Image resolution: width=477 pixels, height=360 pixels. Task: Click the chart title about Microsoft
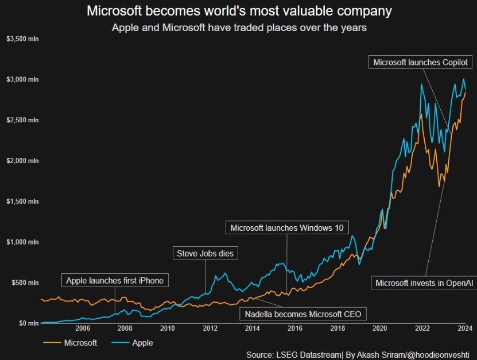239,11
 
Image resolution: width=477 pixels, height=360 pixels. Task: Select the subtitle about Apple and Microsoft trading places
239,28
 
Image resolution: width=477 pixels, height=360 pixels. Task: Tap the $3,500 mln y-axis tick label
22,39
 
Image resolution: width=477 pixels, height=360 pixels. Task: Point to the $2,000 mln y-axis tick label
22,161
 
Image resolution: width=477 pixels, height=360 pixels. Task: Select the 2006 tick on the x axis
83,329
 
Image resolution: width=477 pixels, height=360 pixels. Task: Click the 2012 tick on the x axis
210,329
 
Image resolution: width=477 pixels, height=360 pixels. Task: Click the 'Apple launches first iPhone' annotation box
115,281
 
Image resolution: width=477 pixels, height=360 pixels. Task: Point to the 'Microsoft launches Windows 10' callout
287,228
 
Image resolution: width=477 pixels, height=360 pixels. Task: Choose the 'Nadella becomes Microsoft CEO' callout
302,315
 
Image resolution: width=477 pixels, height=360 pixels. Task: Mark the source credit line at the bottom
357,355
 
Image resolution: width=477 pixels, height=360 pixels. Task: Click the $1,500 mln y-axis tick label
22,202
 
